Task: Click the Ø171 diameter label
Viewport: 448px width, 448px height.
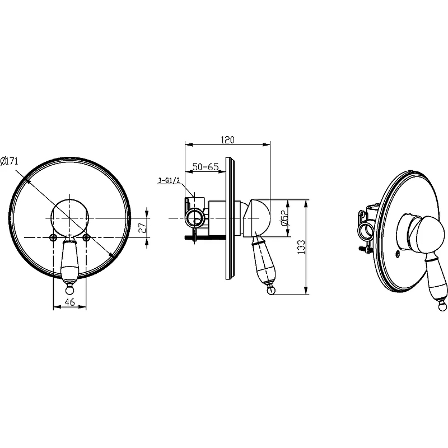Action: pyautogui.click(x=9, y=161)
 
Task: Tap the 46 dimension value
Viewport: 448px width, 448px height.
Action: pyautogui.click(x=69, y=302)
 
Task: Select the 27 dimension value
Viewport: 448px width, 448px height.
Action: pyautogui.click(x=143, y=227)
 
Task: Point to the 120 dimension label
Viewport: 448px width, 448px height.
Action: pyautogui.click(x=228, y=139)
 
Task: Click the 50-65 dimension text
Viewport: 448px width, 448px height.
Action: pyautogui.click(x=206, y=166)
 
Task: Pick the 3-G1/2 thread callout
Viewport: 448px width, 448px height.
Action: pyautogui.click(x=169, y=180)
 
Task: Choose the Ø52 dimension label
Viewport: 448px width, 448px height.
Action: pyautogui.click(x=286, y=218)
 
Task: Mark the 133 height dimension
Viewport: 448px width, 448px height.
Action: pyautogui.click(x=301, y=247)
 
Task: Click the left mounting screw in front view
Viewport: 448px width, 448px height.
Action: pyautogui.click(x=53, y=237)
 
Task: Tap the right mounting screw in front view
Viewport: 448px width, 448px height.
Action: pyautogui.click(x=86, y=237)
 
